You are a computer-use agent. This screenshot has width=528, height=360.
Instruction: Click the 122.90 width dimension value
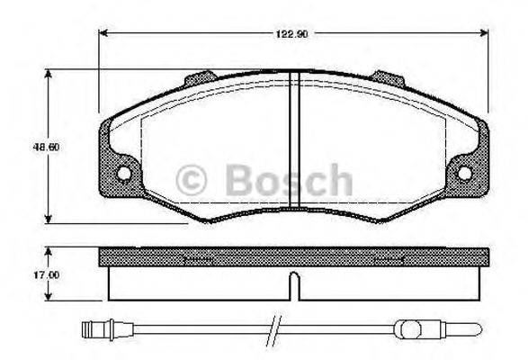pos(293,35)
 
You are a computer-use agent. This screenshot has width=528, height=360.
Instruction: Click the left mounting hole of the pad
pos(122,174)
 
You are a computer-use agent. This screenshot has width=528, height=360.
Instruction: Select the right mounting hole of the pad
pos(465,174)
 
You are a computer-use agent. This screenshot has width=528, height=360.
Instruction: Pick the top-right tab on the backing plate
pos(390,81)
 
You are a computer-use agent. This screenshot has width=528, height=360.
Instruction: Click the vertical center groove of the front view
pos(293,144)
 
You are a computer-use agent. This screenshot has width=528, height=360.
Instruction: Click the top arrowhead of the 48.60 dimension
pos(48,73)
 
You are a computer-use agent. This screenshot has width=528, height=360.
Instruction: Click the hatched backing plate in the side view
pos(293,258)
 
